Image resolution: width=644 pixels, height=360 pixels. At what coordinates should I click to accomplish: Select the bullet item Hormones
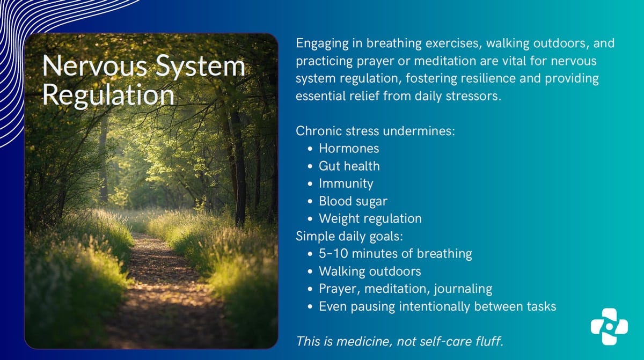point(349,148)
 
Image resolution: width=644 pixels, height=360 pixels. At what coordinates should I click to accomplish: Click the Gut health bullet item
point(349,166)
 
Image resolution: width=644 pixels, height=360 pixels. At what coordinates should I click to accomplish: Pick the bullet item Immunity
point(346,183)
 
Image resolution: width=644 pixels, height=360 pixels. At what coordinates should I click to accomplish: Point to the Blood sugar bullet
point(353,201)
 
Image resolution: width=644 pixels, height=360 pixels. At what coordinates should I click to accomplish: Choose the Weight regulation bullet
point(370,218)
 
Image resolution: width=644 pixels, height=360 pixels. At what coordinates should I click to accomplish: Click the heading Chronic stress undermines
point(375,131)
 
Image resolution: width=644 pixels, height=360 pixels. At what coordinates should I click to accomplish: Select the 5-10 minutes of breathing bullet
point(395,254)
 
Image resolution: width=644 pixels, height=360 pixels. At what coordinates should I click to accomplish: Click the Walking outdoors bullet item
point(370,271)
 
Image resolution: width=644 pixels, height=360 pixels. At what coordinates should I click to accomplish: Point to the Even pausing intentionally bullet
point(437,306)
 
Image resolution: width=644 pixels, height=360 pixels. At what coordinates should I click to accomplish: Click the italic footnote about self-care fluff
point(399,341)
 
